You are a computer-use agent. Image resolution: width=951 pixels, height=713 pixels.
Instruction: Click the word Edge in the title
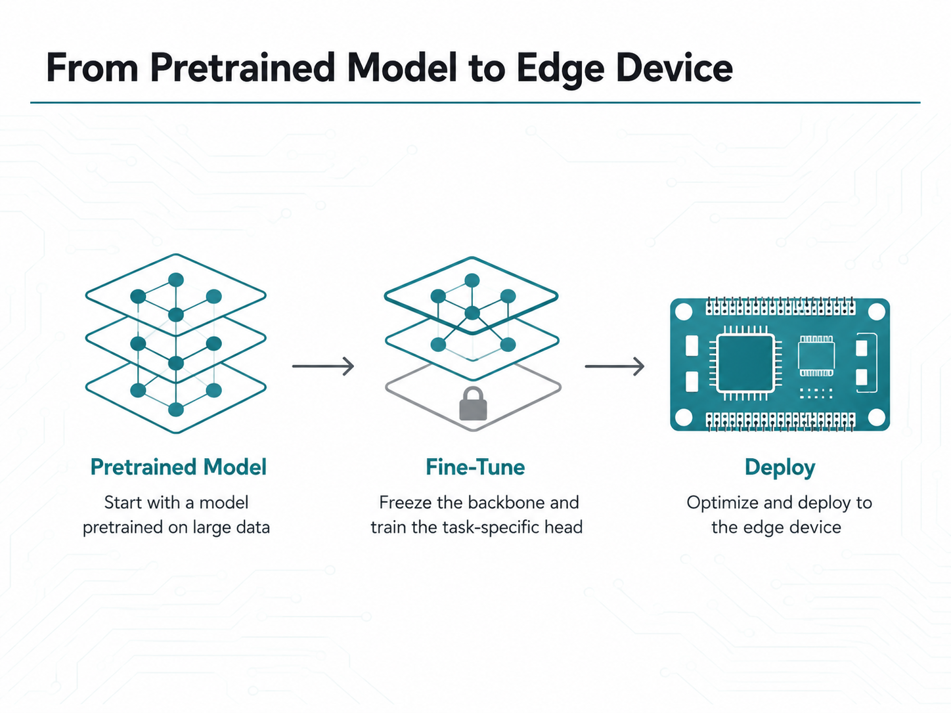(x=560, y=70)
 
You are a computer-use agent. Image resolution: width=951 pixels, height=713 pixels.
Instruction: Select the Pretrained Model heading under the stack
(x=178, y=467)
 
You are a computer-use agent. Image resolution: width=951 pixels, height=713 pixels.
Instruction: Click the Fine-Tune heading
(x=475, y=467)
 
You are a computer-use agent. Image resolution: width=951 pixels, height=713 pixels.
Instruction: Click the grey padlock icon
(x=473, y=404)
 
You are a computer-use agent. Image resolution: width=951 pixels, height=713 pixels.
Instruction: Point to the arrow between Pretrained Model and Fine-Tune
(x=323, y=366)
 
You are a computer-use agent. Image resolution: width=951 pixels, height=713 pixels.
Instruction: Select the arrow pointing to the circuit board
(x=614, y=366)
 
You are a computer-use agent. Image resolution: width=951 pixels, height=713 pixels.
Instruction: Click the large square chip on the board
(x=745, y=364)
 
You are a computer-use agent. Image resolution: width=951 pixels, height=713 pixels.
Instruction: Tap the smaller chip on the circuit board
(x=816, y=356)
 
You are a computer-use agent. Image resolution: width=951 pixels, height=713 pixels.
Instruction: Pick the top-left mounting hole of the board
(x=684, y=312)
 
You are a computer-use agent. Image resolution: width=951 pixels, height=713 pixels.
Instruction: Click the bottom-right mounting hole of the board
(x=877, y=418)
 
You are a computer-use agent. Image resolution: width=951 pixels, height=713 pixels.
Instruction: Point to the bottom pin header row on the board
(x=780, y=421)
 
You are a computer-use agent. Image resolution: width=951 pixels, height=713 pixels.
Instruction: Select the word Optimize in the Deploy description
(x=722, y=504)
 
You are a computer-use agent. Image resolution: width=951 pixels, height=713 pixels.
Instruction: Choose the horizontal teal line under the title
(x=475, y=102)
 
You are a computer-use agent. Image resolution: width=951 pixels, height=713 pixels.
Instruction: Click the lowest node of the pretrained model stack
(x=175, y=409)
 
